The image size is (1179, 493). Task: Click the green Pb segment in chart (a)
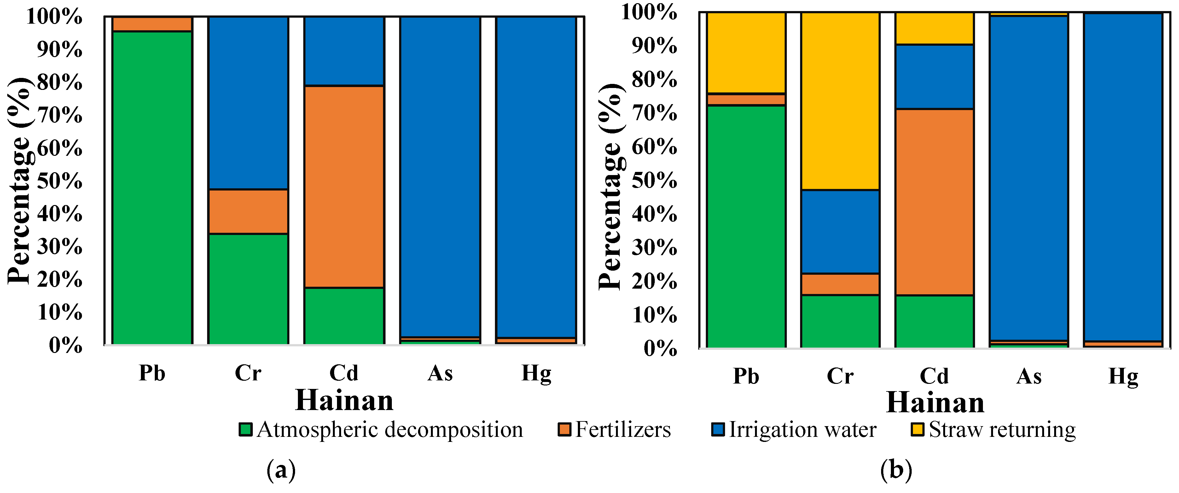point(152,188)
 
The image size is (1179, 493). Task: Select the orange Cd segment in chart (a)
point(344,186)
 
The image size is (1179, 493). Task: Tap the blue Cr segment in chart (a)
point(248,103)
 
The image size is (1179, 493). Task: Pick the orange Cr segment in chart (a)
point(248,211)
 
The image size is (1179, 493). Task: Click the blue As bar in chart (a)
point(440,176)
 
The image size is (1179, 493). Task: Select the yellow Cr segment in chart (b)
point(840,101)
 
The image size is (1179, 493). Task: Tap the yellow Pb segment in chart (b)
point(746,53)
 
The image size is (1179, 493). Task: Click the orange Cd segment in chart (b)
point(934,202)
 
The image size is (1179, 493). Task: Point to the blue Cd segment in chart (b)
point(934,76)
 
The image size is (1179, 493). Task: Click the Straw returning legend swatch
point(917,429)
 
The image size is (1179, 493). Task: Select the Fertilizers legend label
point(623,429)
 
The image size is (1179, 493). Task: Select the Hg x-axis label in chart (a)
point(536,373)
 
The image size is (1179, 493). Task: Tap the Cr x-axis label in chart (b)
point(840,376)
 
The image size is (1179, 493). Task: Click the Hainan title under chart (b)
point(935,403)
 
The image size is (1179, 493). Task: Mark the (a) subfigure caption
point(281,470)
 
